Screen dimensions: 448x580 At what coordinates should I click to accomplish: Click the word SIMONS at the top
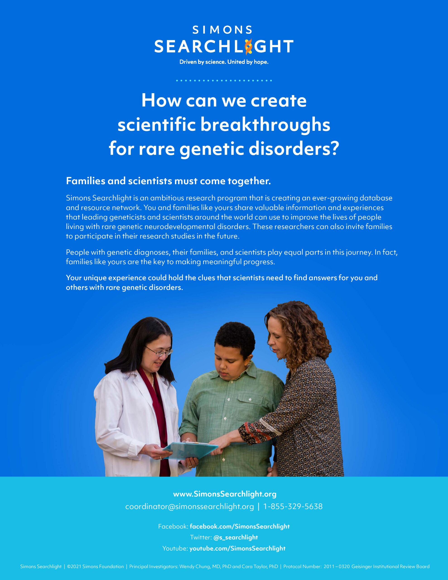point(222,30)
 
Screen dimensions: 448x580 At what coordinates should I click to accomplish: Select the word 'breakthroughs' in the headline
point(265,125)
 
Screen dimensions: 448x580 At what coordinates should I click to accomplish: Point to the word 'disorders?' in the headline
point(294,149)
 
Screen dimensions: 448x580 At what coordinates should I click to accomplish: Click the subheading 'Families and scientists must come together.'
point(168,181)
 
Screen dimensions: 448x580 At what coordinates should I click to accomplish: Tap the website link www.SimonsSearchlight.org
point(225,494)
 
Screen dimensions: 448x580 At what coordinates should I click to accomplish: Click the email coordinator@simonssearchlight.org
point(190,506)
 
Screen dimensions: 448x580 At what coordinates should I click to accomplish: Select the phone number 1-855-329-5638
point(293,506)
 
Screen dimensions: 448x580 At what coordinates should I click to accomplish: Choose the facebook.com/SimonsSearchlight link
point(240,526)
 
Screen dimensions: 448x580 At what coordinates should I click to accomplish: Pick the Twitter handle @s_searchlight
point(236,537)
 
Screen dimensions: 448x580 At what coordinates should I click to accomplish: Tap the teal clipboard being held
point(190,449)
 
